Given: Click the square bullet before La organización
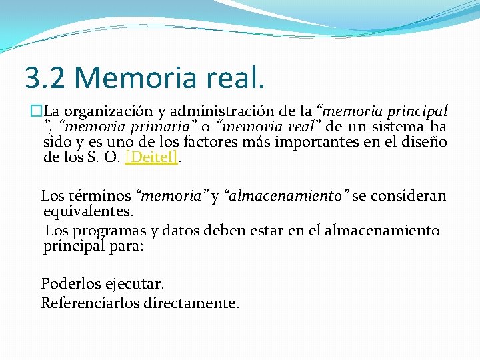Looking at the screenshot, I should pyautogui.click(x=35, y=111).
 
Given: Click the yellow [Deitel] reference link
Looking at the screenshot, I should pyautogui.click(x=151, y=158).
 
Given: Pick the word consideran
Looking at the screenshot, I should pyautogui.click(x=408, y=196).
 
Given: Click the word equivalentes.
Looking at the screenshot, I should pyautogui.click(x=88, y=212).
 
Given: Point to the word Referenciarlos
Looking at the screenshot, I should pyautogui.click(x=87, y=303).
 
